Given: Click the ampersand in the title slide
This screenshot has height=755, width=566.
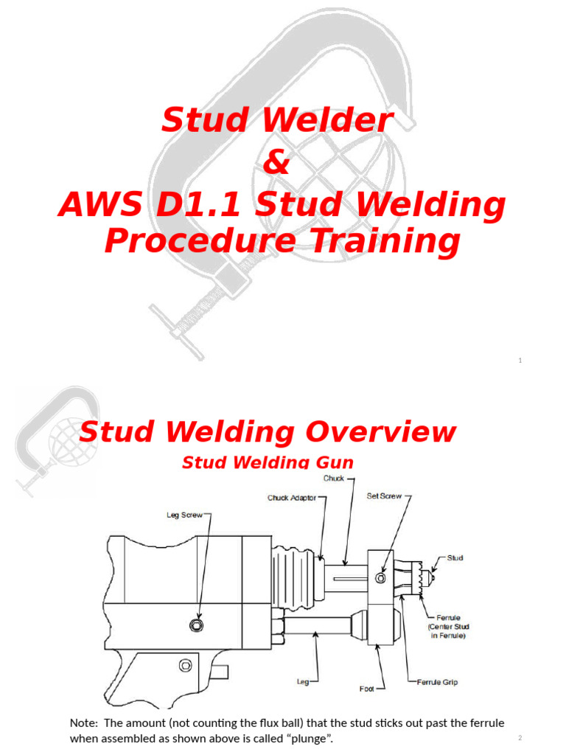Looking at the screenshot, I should (276, 163).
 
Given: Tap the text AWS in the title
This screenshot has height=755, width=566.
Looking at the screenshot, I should (97, 206).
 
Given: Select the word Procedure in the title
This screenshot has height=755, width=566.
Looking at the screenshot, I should (198, 241).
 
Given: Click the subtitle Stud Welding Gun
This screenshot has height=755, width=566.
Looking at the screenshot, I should (268, 462).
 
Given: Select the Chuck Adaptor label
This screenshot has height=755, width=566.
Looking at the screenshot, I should (292, 498).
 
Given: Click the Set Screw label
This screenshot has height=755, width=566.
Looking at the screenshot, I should (384, 496).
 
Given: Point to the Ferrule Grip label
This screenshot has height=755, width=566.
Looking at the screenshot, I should (438, 682).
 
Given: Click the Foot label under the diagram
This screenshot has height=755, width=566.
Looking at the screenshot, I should (367, 689).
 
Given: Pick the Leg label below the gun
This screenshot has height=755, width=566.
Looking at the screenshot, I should (303, 682).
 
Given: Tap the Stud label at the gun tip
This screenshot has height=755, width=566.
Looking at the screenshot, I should (455, 558).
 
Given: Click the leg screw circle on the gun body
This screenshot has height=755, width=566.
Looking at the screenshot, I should (195, 626).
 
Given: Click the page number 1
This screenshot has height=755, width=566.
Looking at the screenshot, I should (520, 361).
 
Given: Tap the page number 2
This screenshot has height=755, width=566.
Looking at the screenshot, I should (520, 738).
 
